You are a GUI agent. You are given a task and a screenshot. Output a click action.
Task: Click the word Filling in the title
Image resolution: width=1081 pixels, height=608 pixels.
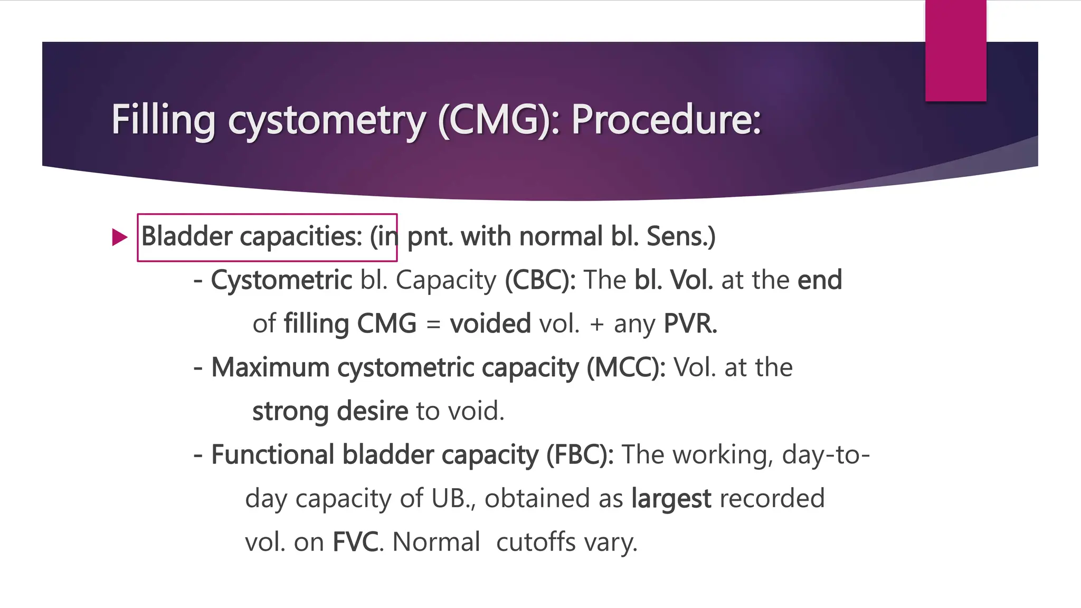point(163,120)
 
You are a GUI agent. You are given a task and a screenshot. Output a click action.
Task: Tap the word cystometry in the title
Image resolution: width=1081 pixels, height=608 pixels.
point(326,121)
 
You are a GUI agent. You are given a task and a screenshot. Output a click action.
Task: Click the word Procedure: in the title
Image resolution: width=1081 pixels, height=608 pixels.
point(666,119)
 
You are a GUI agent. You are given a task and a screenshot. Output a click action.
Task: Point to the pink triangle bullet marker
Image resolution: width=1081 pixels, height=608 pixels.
point(120,237)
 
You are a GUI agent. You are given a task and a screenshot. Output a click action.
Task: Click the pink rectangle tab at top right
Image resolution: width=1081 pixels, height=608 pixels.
point(955,51)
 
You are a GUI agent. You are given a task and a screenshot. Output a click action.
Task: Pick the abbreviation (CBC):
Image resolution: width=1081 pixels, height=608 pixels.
point(540,280)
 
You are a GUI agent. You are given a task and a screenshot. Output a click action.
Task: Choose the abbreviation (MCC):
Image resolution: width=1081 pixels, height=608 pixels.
point(626,367)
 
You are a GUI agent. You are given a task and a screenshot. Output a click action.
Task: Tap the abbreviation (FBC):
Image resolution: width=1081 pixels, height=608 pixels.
point(580,455)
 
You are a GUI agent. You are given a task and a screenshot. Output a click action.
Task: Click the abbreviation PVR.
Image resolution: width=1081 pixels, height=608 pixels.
point(690,324)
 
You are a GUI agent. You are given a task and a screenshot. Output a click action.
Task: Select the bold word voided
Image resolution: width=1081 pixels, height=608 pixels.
point(490,324)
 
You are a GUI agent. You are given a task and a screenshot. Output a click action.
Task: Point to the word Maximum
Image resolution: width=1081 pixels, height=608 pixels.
point(270,367)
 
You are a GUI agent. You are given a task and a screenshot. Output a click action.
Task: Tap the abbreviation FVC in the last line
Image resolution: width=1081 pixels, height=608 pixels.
point(355,543)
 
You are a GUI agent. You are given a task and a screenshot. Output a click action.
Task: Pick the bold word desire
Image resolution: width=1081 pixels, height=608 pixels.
point(372,411)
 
